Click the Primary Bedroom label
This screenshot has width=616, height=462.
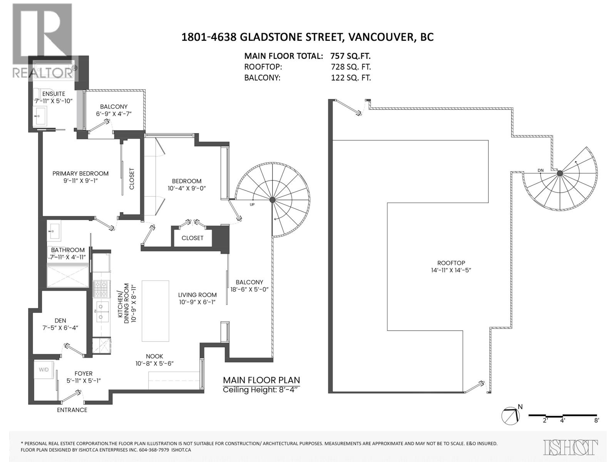point(80,174)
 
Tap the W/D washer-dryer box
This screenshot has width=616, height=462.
point(44,370)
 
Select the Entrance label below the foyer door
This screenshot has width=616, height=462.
point(72,410)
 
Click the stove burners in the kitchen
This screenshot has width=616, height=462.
point(102,288)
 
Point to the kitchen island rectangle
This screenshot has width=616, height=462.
point(155,311)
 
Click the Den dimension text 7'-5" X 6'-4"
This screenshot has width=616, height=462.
point(60,328)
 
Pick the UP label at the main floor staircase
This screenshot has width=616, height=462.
point(252,204)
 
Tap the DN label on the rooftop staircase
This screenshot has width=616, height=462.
point(541,171)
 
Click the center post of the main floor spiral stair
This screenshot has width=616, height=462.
point(273,199)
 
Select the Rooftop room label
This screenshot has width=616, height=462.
point(451,263)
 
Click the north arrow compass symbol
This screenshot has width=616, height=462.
point(511,416)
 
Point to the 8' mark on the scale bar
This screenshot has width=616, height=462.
point(596,420)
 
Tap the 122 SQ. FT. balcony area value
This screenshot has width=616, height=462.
point(351,78)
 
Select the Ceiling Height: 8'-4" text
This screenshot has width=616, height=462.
point(261,390)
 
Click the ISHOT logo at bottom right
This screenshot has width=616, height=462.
point(571,447)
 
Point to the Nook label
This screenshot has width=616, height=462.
point(154,357)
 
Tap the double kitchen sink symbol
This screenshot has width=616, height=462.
point(102,311)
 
